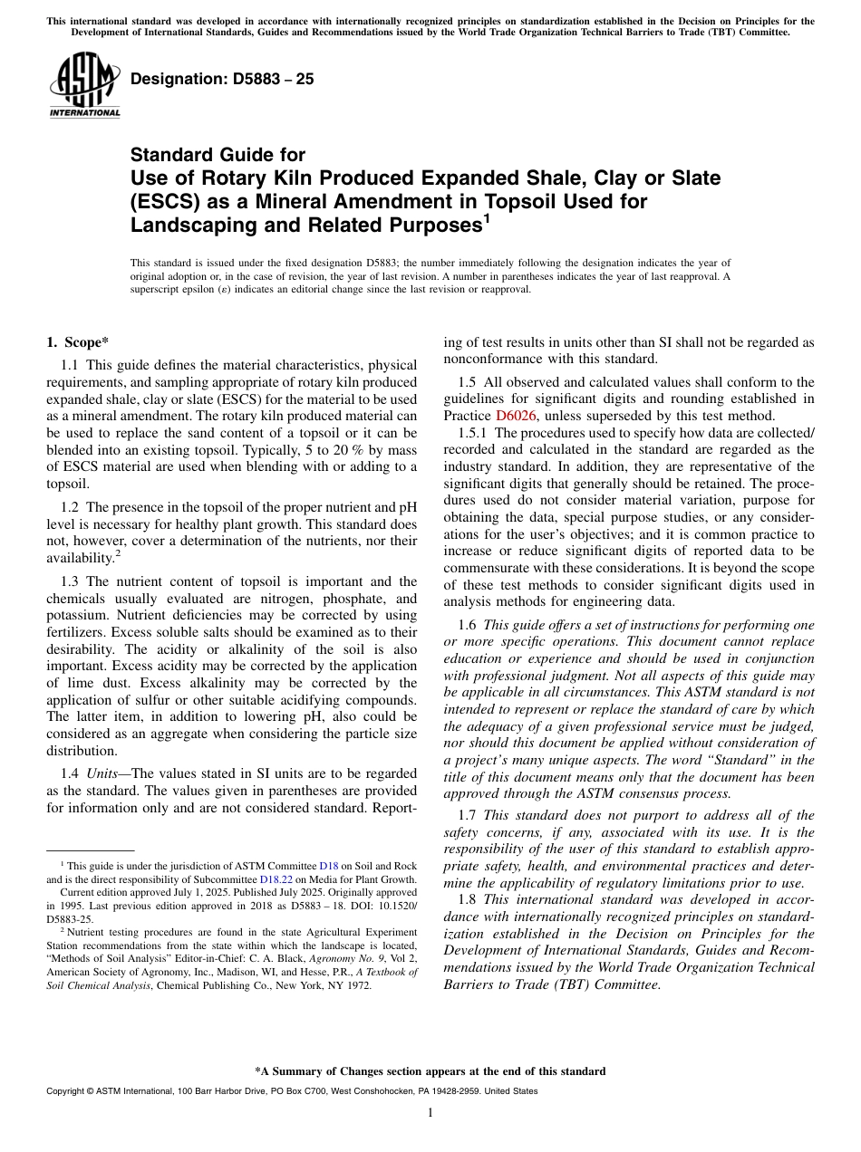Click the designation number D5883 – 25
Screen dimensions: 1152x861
point(222,79)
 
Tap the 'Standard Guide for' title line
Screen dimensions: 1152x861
point(218,155)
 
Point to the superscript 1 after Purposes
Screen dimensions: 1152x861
point(487,217)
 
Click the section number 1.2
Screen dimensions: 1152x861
point(70,508)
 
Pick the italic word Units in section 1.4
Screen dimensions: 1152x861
point(103,773)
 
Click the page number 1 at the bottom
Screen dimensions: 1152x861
point(430,1112)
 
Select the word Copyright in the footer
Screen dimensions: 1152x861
point(69,1091)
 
